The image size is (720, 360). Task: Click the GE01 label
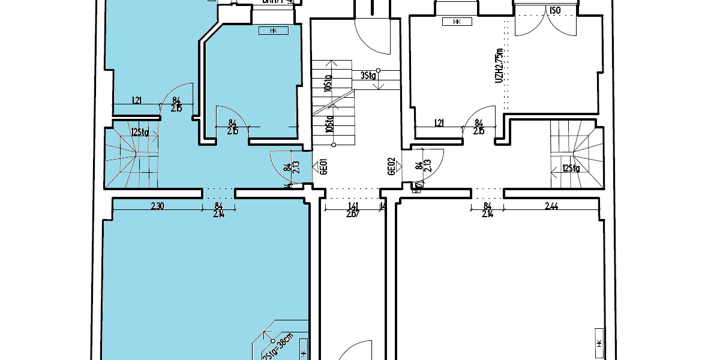click(x=323, y=166)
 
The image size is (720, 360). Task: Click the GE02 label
click(x=391, y=166)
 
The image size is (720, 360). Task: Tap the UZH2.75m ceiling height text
click(x=499, y=67)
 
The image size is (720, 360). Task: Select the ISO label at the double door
click(x=555, y=10)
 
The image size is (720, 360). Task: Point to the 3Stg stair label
click(x=368, y=76)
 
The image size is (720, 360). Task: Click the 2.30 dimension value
click(x=157, y=206)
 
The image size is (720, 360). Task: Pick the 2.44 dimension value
click(x=551, y=206)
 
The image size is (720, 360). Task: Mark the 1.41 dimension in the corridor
click(x=352, y=206)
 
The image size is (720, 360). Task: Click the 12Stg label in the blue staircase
click(x=140, y=133)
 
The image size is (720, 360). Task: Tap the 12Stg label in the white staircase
click(x=571, y=169)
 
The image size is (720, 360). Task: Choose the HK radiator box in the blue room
click(x=273, y=30)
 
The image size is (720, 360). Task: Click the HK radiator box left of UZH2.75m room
click(x=456, y=22)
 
